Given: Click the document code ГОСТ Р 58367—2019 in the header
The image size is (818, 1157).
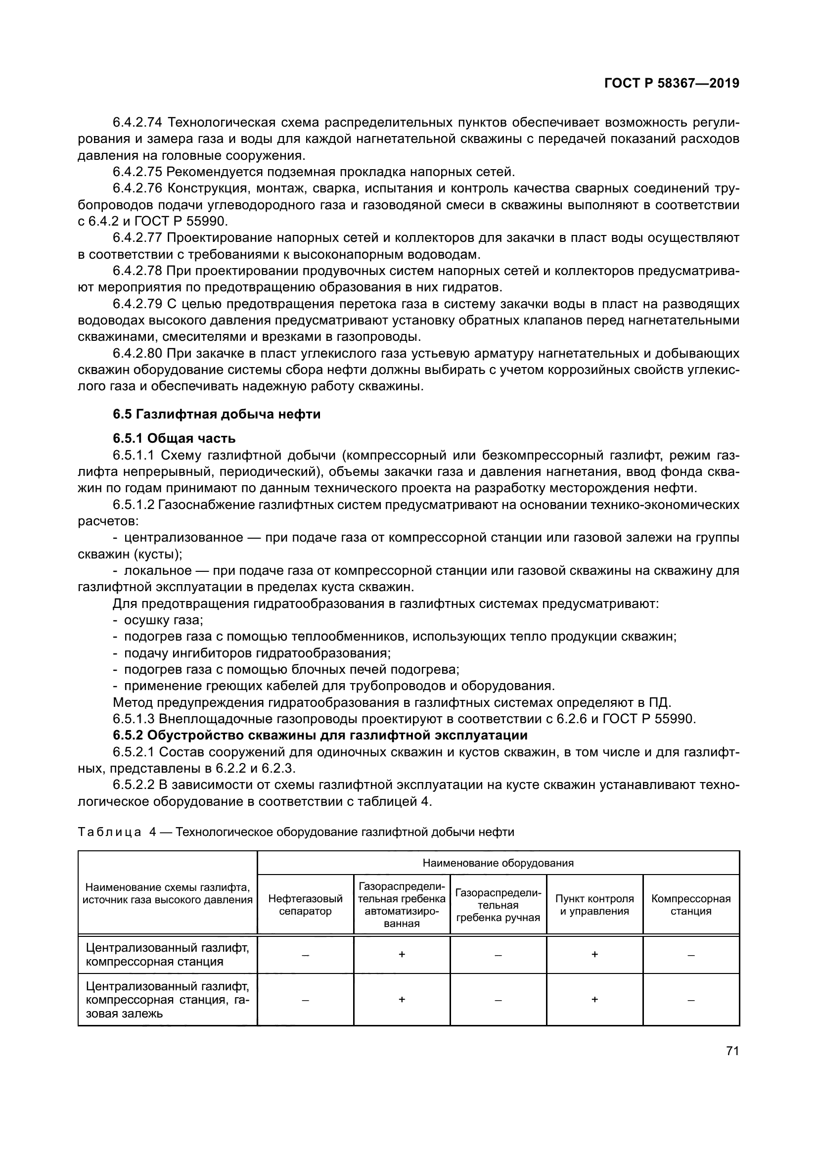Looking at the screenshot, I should (x=672, y=83).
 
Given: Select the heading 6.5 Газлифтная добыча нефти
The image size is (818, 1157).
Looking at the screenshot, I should (x=217, y=414).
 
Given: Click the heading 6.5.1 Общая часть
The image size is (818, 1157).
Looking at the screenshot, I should (x=174, y=438).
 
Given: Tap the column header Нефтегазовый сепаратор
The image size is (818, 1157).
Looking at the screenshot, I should (x=305, y=905).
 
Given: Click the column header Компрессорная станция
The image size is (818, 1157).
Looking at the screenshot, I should (x=690, y=905).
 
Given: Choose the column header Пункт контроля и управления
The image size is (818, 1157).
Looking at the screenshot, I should (x=594, y=905).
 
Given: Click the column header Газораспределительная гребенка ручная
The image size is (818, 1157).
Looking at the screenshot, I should (x=498, y=905).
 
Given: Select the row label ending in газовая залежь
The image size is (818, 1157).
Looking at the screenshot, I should (x=167, y=999).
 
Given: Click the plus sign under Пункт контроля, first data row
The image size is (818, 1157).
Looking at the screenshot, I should (x=594, y=954).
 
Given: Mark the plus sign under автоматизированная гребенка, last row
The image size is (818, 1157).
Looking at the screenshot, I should (x=402, y=999).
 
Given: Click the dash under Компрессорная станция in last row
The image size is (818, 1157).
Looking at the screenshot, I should (x=690, y=1000).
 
